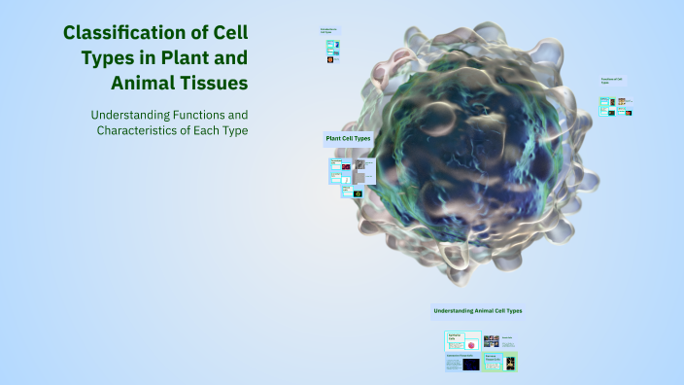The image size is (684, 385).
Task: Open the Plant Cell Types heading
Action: click(347, 139)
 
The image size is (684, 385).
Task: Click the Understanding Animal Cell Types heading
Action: click(477, 311)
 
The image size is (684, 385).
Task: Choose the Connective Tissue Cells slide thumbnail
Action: click(462, 363)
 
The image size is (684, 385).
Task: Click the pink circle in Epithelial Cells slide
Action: click(471, 344)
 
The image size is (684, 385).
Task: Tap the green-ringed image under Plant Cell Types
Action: click(357, 193)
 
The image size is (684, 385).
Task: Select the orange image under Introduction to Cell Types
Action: click(331, 60)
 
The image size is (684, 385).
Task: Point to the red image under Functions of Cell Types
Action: click(628, 113)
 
